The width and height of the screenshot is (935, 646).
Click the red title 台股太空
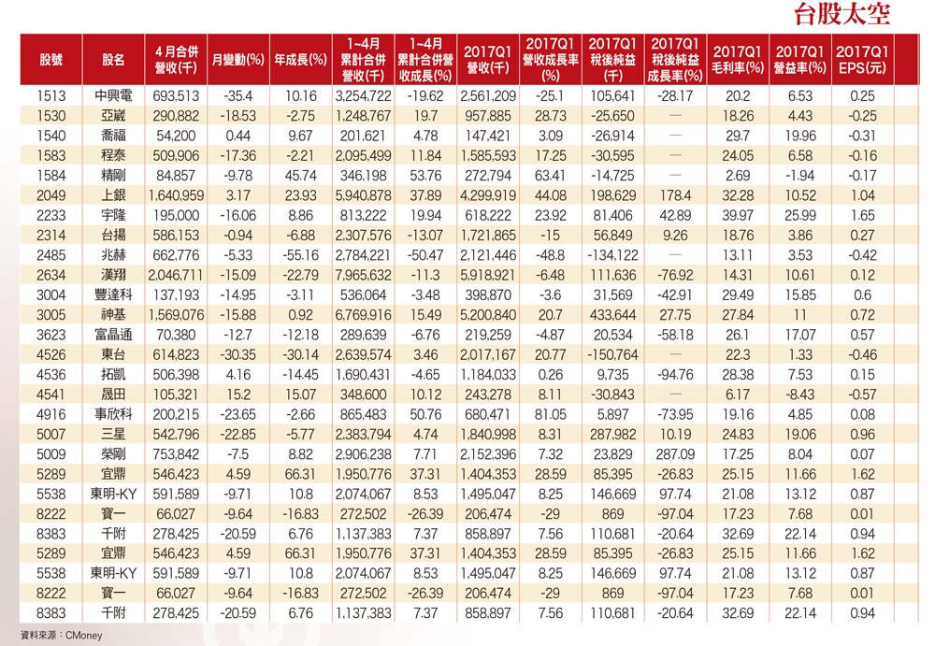point(841,14)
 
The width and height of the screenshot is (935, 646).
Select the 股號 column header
point(51,60)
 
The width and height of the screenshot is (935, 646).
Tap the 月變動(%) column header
point(238,60)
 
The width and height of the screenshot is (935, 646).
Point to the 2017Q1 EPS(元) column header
point(862,60)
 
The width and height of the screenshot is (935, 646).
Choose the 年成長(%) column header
point(300,60)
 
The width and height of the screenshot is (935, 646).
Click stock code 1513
point(51,95)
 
